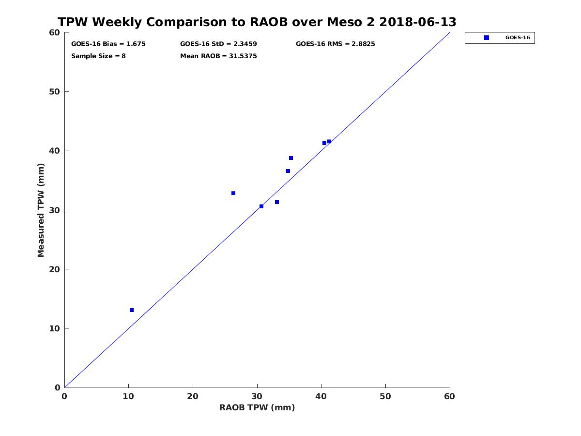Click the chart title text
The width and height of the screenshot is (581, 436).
(x=257, y=22)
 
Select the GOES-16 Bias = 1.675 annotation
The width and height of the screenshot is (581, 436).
(x=108, y=44)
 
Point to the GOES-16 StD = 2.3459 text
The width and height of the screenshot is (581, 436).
(x=218, y=44)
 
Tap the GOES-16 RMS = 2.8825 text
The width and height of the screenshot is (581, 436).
(x=335, y=44)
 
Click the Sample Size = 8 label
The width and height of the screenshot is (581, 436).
(x=98, y=56)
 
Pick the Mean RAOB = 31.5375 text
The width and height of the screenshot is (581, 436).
(x=218, y=56)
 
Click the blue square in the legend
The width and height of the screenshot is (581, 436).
(x=487, y=38)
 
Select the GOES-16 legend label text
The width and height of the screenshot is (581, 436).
(x=518, y=38)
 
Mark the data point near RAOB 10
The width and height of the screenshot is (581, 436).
(x=132, y=310)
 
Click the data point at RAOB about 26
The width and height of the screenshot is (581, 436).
(x=233, y=193)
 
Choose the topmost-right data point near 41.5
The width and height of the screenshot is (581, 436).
(x=329, y=141)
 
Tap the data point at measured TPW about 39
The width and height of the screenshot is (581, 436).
(x=291, y=158)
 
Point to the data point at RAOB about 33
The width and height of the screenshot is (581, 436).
(x=277, y=202)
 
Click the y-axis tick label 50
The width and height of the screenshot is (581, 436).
(x=55, y=92)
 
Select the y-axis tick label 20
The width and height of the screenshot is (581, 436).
(x=55, y=269)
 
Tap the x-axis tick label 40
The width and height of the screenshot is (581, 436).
(x=321, y=396)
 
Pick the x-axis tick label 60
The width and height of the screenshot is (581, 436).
(x=449, y=396)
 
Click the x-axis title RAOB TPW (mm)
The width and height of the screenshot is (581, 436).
(x=257, y=407)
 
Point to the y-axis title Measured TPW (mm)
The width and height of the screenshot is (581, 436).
(x=41, y=210)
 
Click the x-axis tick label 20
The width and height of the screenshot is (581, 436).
(x=193, y=396)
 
